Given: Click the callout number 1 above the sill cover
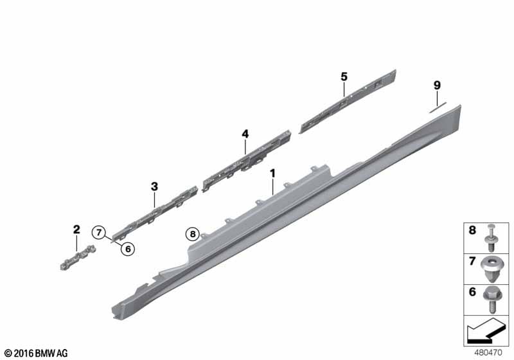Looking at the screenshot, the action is click(x=272, y=174).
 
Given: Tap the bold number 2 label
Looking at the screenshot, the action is click(x=76, y=230).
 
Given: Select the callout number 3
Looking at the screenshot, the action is click(x=154, y=186).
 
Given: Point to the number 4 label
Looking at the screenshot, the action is click(x=245, y=134).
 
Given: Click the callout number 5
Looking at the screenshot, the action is click(x=344, y=76).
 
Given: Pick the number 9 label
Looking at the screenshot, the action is click(x=437, y=85).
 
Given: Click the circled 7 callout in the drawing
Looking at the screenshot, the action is click(x=99, y=233).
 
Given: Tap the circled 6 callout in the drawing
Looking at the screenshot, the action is click(x=128, y=249).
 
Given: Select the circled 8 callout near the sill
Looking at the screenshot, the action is click(x=192, y=234).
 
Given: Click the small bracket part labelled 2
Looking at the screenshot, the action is click(x=78, y=258).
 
